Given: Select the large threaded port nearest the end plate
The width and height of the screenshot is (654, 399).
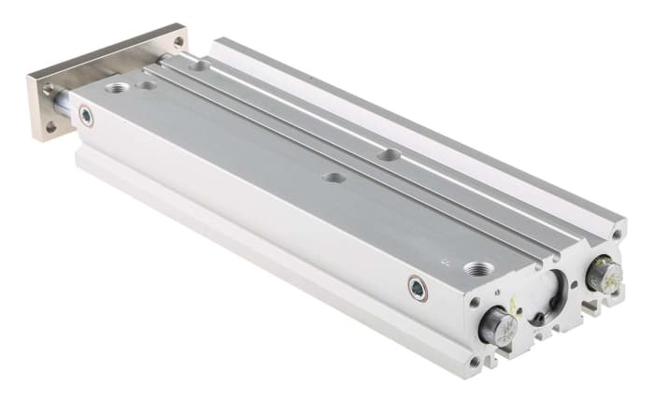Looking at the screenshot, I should [118, 89].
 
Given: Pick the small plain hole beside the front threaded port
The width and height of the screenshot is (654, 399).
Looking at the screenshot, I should [146, 86].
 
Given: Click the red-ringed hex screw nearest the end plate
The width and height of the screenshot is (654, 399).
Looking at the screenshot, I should [86, 116].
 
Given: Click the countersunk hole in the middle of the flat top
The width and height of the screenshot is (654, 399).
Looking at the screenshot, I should [330, 176].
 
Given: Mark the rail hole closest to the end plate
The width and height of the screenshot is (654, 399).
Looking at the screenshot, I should [199, 66].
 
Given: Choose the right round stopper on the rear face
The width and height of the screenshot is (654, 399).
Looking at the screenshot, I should [604, 275].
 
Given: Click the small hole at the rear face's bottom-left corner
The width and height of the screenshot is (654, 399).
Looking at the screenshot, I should [475, 361].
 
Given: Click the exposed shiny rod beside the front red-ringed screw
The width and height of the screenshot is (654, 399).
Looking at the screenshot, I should [64, 106].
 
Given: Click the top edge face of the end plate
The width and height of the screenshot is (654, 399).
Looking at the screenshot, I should [103, 52].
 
